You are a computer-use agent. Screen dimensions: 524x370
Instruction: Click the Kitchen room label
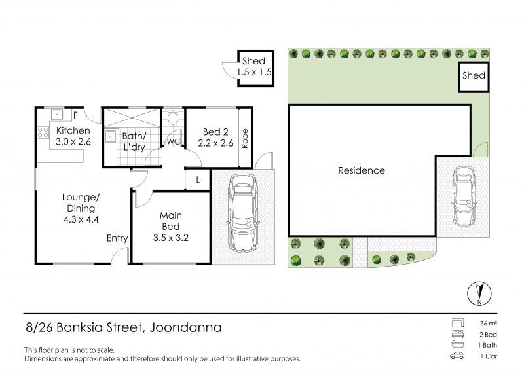73,130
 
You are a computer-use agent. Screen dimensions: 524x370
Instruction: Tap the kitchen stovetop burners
43,132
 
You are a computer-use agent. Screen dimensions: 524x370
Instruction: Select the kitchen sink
57,115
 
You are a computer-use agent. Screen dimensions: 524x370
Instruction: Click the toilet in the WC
173,117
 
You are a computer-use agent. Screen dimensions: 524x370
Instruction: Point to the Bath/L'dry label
134,141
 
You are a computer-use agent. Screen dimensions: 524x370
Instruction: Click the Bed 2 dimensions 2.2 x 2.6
215,143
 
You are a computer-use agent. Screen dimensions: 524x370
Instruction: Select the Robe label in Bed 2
245,138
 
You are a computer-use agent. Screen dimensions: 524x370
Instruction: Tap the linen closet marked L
198,180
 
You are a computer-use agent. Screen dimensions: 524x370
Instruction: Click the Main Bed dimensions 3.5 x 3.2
171,238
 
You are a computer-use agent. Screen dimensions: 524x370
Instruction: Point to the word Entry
117,238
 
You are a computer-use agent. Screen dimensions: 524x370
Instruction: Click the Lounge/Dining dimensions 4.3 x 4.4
81,219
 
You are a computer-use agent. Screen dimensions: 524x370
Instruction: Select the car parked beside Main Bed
242,213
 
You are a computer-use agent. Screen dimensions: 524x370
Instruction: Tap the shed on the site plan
474,77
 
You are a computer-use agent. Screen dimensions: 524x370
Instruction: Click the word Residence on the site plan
362,170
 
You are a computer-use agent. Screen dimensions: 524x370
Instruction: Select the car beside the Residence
464,196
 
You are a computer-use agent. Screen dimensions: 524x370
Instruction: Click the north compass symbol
479,293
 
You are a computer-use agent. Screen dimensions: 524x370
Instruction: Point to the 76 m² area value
488,324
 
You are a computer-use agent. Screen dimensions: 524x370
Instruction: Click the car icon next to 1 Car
457,356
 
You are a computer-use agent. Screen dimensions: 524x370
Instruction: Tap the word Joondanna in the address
185,327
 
